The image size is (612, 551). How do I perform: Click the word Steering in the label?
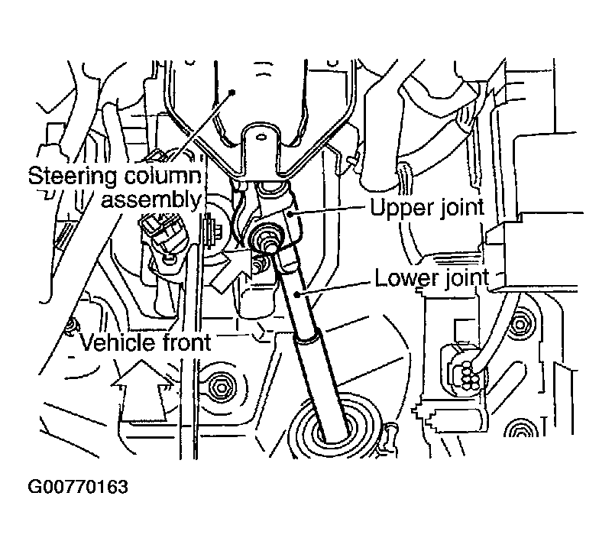tap(73, 177)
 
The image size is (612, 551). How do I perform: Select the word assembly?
tap(151, 200)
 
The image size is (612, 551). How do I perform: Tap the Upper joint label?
tap(427, 207)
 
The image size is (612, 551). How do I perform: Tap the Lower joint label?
tap(432, 277)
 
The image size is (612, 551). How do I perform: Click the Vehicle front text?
tap(146, 342)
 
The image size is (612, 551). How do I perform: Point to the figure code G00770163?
tap(78, 487)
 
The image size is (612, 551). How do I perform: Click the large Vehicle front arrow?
tap(143, 391)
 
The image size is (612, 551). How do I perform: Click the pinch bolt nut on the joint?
tap(266, 239)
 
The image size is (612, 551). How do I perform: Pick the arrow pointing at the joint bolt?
tap(231, 271)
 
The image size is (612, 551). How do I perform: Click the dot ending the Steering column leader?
tap(232, 92)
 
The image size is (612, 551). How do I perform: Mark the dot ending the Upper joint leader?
tap(290, 213)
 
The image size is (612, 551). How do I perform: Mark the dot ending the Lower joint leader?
tap(298, 295)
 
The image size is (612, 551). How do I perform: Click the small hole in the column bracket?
tap(261, 137)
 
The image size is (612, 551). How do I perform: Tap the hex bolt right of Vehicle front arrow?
tap(222, 387)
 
